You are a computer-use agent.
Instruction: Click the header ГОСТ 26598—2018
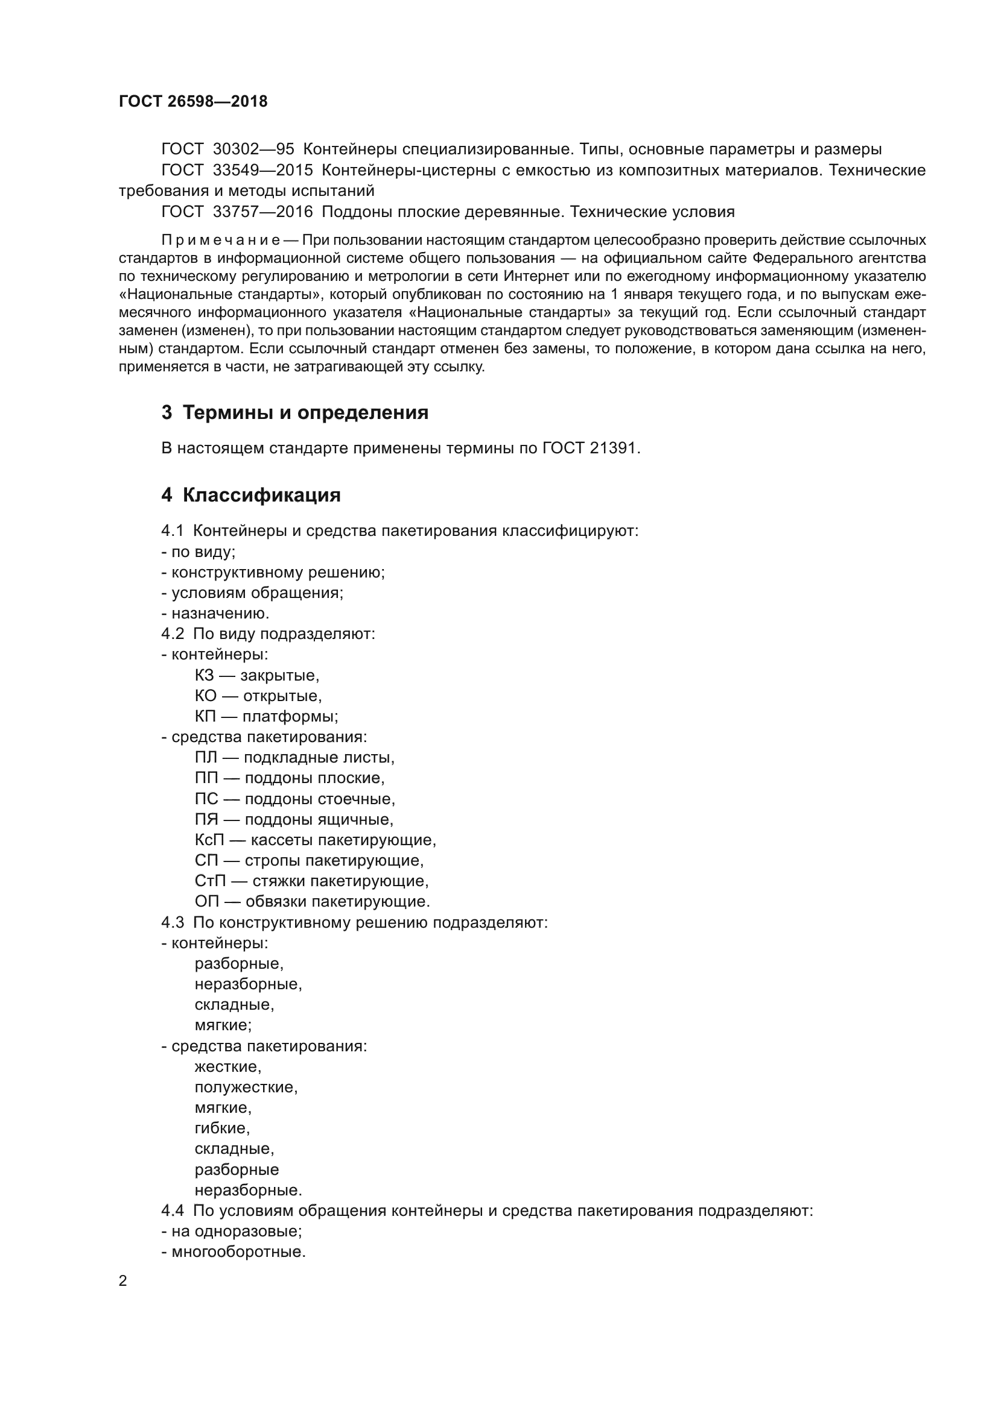point(193,102)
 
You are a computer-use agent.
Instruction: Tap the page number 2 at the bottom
point(123,1280)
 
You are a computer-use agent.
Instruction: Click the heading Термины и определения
point(305,413)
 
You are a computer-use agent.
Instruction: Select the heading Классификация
point(261,495)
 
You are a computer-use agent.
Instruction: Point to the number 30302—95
point(253,149)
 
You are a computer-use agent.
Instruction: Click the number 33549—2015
point(262,170)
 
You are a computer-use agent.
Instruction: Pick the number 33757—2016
point(262,212)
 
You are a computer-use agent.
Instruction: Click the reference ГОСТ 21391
point(591,448)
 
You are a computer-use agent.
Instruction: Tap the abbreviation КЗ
point(205,676)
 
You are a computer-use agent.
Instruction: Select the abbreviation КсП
point(209,840)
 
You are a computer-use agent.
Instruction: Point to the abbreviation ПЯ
point(206,819)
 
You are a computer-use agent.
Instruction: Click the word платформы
point(290,717)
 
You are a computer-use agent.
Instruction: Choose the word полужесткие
point(246,1087)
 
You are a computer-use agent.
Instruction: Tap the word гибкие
point(222,1128)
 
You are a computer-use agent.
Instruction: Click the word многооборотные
point(238,1252)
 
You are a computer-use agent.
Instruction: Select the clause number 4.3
point(173,922)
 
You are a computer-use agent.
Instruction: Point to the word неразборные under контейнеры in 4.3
point(248,984)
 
